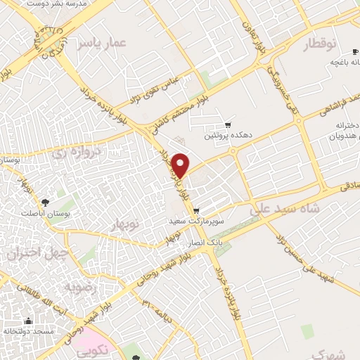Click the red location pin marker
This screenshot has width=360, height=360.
tap(181, 165)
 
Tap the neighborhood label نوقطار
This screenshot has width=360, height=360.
tap(321, 46)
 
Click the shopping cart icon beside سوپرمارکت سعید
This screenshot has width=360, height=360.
tap(196, 209)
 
